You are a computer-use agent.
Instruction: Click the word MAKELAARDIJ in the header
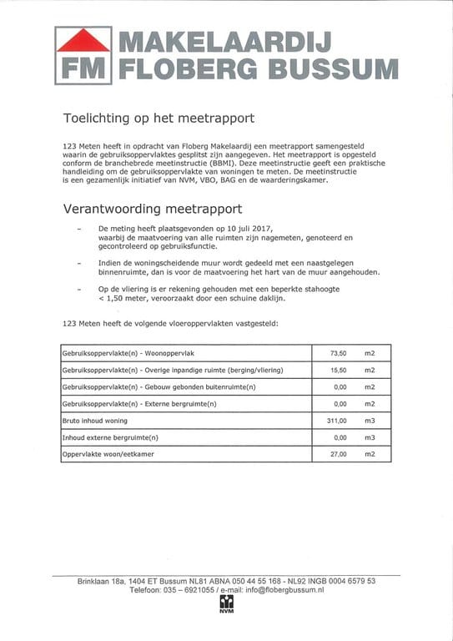click(224, 42)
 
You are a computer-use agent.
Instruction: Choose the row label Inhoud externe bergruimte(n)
click(110, 437)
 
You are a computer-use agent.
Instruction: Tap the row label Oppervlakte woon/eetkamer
click(108, 454)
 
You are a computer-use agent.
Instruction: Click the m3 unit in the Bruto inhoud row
click(370, 421)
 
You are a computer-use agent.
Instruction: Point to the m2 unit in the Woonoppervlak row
click(370, 353)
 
